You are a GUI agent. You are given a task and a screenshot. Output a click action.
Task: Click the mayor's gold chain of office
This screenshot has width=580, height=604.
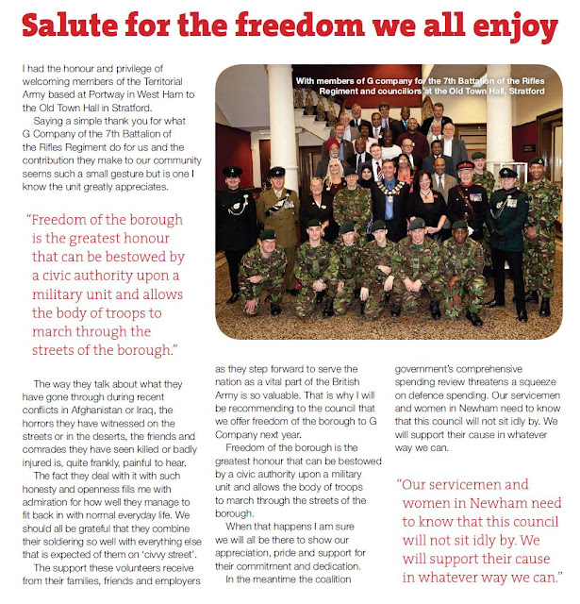point(388,193)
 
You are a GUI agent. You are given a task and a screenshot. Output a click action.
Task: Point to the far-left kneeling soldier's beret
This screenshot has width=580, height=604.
point(268,234)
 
